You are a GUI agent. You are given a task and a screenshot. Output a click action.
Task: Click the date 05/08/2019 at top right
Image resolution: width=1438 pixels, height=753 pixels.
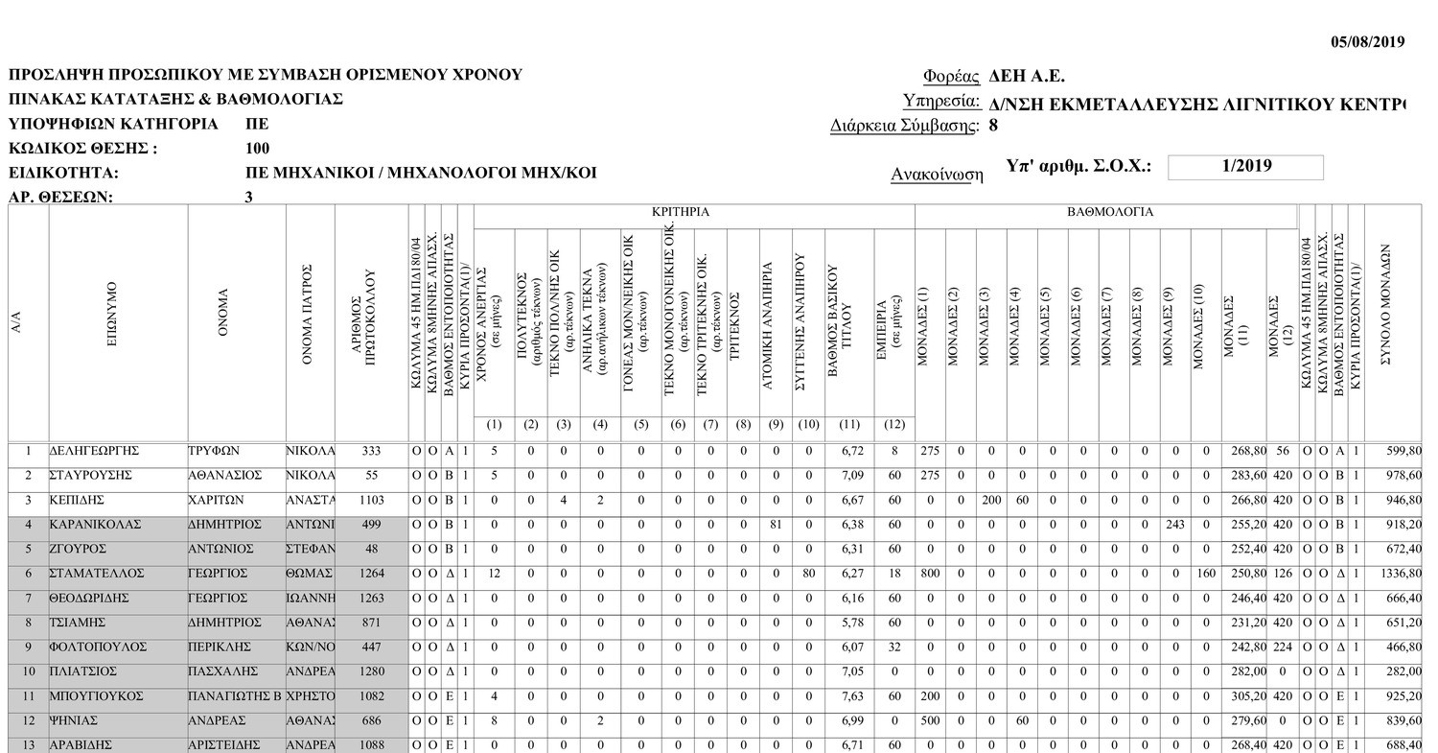coord(1368,41)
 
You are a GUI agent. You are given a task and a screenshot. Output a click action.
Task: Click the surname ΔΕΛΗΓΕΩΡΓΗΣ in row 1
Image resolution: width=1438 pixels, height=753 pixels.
coord(95,451)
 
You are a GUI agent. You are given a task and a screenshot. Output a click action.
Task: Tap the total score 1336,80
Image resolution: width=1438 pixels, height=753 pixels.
coord(1401,574)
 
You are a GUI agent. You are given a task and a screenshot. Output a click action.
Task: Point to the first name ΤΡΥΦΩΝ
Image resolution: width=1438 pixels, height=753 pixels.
coord(213,451)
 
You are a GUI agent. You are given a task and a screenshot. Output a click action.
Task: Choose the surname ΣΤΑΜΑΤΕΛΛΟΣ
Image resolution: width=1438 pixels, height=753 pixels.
coord(97,574)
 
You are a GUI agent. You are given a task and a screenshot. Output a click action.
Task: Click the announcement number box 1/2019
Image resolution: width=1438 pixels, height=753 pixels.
coord(1245,166)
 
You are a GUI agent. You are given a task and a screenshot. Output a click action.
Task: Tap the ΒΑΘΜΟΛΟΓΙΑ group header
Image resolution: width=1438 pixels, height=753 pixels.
coord(1110,212)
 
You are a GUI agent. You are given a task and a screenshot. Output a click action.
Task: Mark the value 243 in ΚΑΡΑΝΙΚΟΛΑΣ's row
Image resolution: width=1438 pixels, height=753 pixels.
coord(1174,525)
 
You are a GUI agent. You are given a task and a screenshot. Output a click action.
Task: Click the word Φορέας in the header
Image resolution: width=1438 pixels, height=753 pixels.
coord(951,77)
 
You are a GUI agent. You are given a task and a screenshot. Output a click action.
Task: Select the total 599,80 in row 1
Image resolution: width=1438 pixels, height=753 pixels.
coord(1403,451)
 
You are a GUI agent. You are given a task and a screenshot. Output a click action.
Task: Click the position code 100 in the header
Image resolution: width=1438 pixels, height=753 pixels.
coord(258,149)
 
